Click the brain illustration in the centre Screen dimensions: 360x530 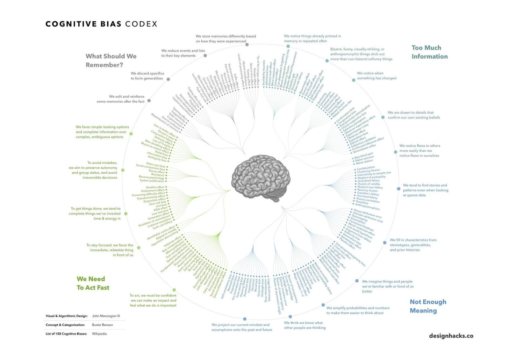tap(261, 178)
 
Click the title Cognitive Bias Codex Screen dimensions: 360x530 tap(101, 24)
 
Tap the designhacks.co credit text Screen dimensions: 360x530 tap(451, 336)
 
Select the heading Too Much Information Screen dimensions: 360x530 tap(429, 52)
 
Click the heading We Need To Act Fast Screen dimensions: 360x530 tap(93, 283)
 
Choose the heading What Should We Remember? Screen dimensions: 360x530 tap(111, 60)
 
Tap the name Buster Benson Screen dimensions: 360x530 tap(102, 325)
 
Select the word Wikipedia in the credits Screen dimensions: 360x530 tap(99, 334)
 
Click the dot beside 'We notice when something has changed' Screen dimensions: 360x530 tap(353, 80)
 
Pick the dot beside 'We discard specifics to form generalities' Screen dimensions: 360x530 tap(168, 79)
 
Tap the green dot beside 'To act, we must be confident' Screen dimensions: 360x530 tap(174, 290)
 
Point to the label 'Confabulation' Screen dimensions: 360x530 tap(366, 168)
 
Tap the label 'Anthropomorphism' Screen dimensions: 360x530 tap(367, 207)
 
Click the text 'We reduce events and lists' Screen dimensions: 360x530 tap(183, 51)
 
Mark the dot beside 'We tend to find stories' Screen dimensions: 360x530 tap(399, 189)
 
